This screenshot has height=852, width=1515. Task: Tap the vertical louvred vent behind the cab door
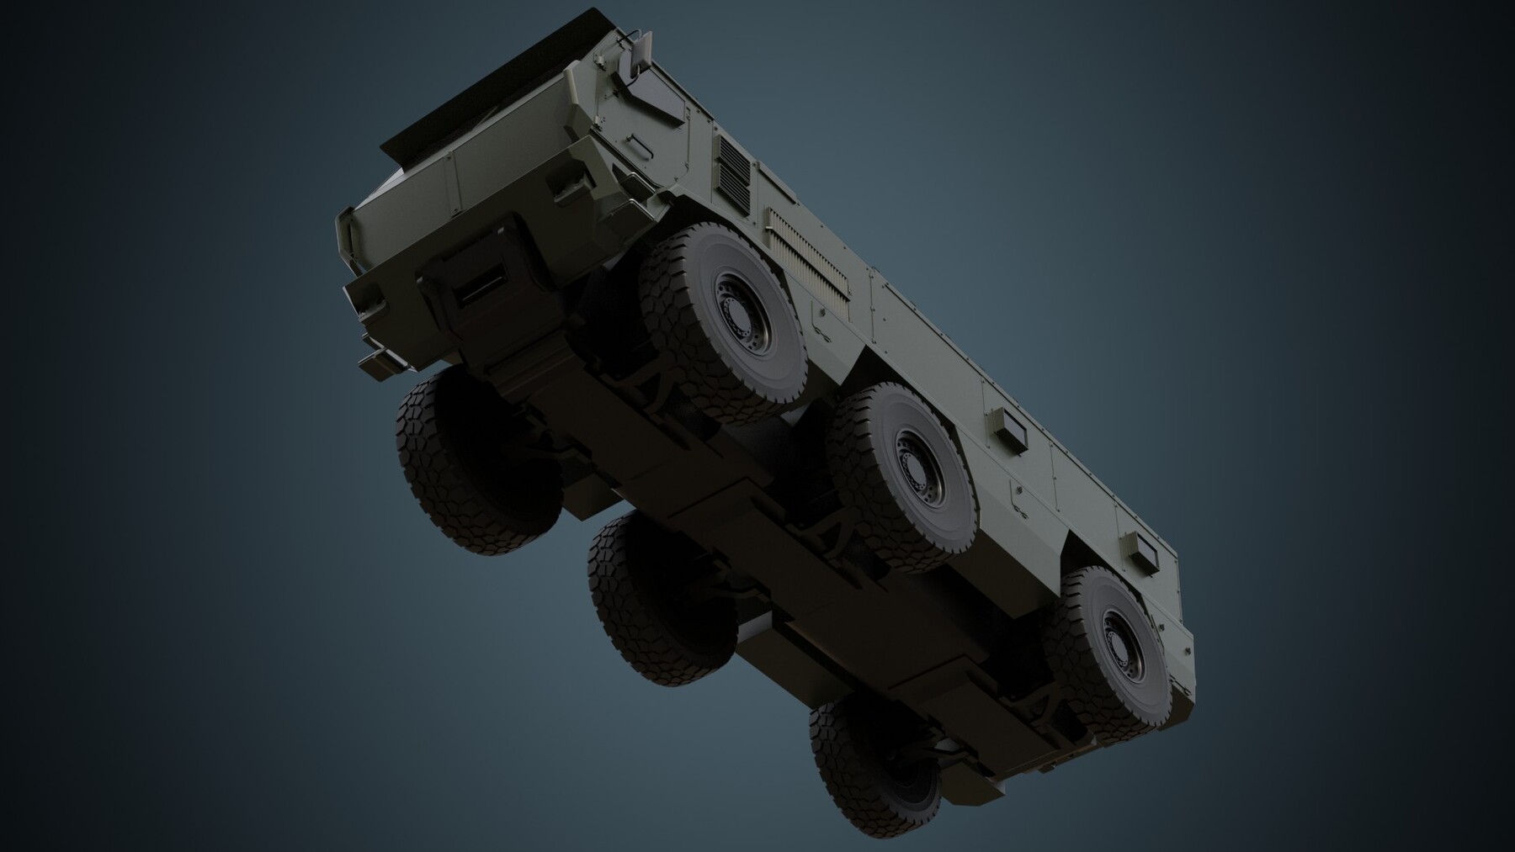[733, 172]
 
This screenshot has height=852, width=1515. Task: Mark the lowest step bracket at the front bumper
[375, 359]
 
